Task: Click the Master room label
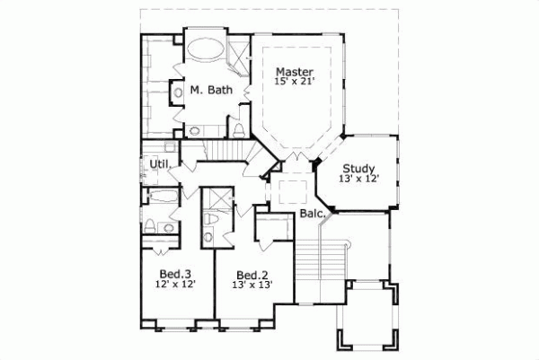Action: coord(295,72)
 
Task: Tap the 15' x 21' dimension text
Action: coord(295,83)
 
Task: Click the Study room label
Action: coord(358,167)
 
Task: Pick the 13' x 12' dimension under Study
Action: coord(358,179)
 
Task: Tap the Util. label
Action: coord(159,164)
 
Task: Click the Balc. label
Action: coord(311,215)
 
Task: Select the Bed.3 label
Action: coord(174,273)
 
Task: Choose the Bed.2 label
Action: coord(252,275)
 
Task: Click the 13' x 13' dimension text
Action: coord(252,285)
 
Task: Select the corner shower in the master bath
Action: coord(241,56)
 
